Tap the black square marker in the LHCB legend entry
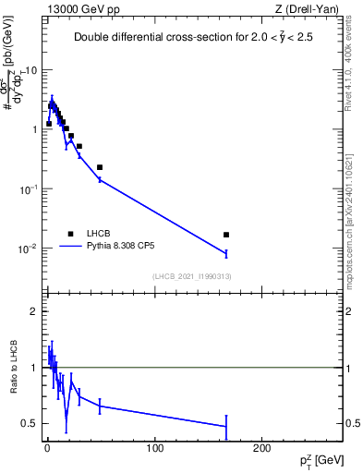70,234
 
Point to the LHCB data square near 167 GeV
226,235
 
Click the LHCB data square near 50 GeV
100,167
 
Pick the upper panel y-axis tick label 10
31,70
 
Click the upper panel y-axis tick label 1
34,129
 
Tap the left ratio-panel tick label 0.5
31,424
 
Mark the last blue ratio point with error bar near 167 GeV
226,426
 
